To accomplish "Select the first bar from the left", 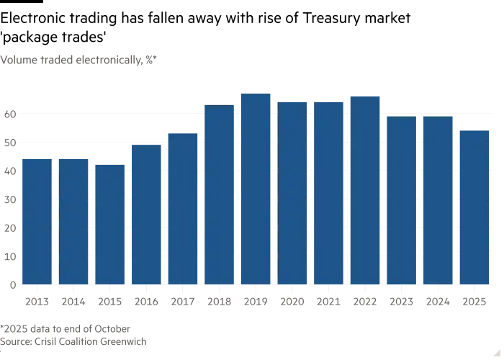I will point(35,220).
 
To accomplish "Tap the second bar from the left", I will point(73,220).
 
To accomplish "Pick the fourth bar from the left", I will point(145,214).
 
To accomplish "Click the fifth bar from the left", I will point(182,208).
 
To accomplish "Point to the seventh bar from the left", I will point(255,188).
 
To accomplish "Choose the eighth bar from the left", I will point(292,192).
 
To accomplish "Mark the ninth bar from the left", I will point(328,192).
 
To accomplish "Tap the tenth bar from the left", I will point(364,188).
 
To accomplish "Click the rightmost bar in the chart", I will point(474,206).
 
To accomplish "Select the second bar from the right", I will point(438,199).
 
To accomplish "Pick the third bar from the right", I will point(401,199).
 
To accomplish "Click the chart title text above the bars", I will point(79,59).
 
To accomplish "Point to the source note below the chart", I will point(72,333).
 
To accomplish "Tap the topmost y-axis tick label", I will point(8,114).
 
